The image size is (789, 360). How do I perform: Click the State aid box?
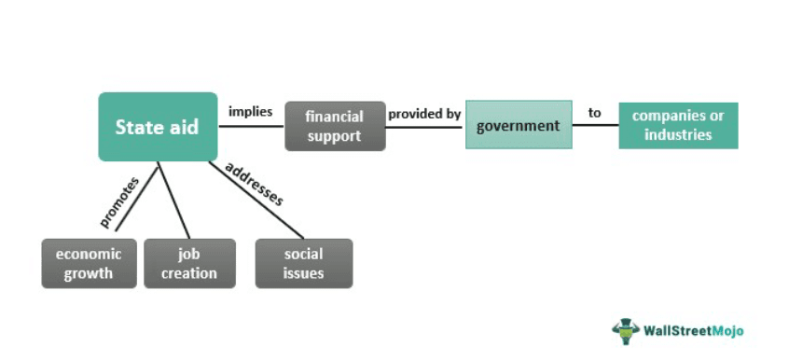pos(158,127)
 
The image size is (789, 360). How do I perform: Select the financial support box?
pos(335,126)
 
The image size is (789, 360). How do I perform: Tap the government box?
pos(519,125)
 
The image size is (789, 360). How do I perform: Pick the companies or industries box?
pos(678,125)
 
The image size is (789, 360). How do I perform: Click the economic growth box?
pos(90,263)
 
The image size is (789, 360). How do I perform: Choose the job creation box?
pos(189,263)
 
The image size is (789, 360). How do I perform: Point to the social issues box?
pos(304,263)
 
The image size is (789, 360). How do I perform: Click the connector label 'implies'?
pos(251,112)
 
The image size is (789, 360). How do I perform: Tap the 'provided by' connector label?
pos(425,114)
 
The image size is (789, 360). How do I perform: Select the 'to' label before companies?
pos(595,113)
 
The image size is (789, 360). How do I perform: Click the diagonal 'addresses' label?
pos(255,184)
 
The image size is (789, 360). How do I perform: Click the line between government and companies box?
pos(595,125)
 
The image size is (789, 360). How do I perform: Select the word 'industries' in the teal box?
pos(678,134)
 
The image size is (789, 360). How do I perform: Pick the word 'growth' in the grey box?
pos(90,273)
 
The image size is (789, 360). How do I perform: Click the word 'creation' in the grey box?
pos(189,273)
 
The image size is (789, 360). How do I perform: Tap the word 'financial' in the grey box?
pos(335,118)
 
